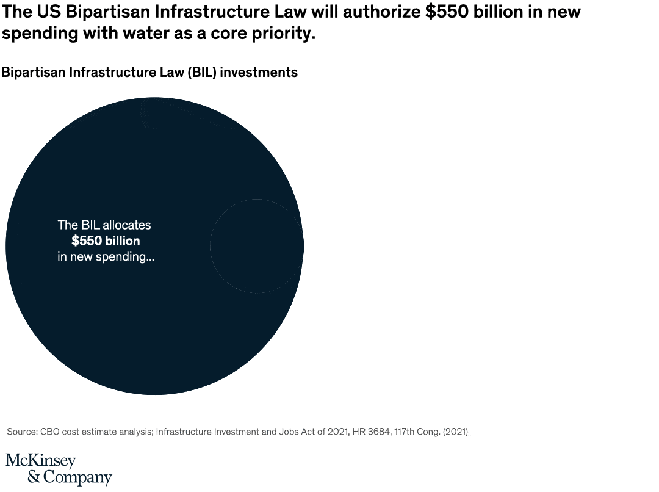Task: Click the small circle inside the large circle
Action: tap(257, 245)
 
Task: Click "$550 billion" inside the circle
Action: tap(106, 241)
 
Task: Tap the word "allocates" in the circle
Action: tap(127, 225)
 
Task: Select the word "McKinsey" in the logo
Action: tap(41, 461)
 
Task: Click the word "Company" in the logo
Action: tap(77, 477)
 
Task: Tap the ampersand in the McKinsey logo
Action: tap(34, 477)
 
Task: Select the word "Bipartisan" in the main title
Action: tap(104, 12)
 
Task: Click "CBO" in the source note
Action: tap(51, 432)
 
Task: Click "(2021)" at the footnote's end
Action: tap(455, 432)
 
